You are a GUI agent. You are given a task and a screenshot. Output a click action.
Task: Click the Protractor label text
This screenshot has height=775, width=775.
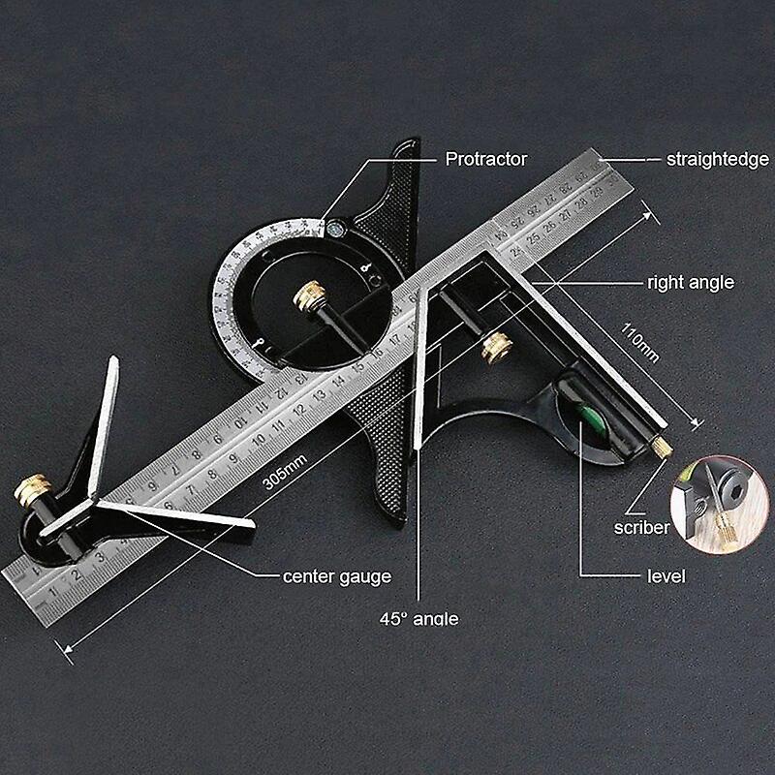point(485,159)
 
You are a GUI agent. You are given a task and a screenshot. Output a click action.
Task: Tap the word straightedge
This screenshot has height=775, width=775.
point(718,159)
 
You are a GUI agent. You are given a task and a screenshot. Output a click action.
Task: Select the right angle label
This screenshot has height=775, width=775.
point(690,283)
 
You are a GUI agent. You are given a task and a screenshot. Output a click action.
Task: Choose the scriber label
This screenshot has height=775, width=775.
point(641,528)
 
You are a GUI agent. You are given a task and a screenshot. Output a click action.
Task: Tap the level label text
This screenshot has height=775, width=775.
point(666,576)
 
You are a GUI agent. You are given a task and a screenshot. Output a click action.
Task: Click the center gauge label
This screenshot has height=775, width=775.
point(337,576)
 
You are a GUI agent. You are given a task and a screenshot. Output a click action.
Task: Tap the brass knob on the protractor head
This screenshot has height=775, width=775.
point(312,294)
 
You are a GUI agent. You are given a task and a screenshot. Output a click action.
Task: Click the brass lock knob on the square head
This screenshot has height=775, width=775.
point(499,347)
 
